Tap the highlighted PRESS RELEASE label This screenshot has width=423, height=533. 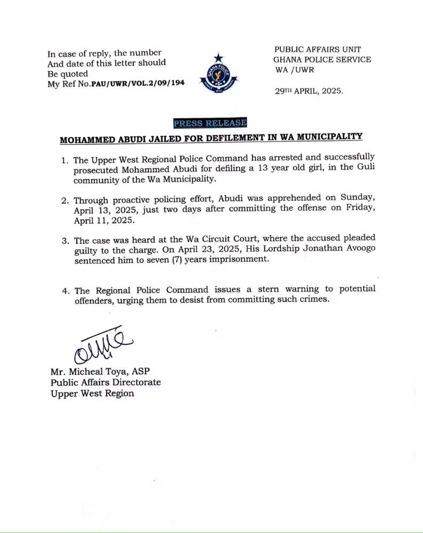[x=210, y=123]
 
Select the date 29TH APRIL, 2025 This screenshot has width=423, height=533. [x=309, y=91]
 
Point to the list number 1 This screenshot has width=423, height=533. [x=65, y=160]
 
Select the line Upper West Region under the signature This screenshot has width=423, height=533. [x=92, y=394]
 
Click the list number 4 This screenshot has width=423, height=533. [x=65, y=291]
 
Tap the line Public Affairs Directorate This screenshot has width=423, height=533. [x=105, y=383]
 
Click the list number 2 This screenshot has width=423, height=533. [x=65, y=201]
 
